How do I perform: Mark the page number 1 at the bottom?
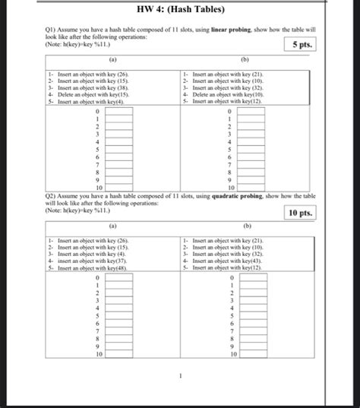click(x=180, y=375)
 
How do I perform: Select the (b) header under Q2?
click(x=245, y=226)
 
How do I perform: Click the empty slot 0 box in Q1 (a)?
click(x=119, y=111)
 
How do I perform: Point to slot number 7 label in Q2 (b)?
click(x=232, y=331)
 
